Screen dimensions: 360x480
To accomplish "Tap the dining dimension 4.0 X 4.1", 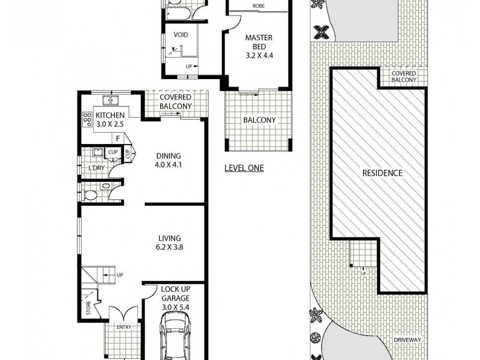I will (168, 163).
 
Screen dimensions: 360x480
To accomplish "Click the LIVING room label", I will (169, 238).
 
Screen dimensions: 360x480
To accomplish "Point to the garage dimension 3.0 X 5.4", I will (175, 308).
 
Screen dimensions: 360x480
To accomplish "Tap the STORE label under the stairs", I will (88, 311).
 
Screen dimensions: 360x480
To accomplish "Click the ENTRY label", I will (124, 327).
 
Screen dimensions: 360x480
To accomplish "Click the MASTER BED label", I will (259, 38).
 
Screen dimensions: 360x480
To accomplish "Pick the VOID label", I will (181, 35).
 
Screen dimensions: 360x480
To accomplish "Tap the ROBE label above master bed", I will (259, 6).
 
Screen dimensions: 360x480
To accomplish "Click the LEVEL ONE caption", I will (244, 169).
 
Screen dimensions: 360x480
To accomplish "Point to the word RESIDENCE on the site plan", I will (382, 173).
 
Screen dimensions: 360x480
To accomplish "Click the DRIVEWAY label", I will (409, 340).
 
